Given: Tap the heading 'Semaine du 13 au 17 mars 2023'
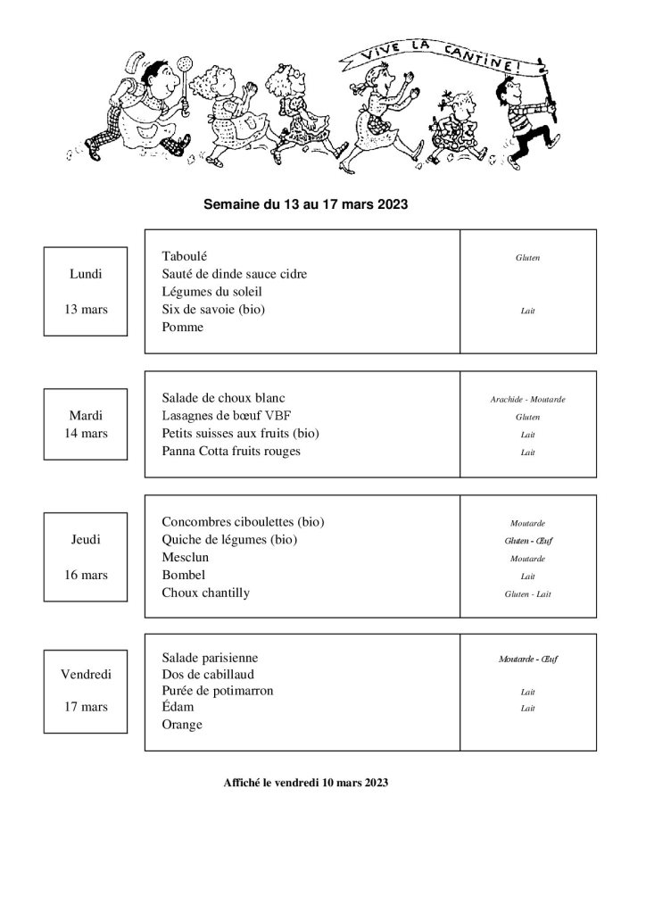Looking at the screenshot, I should [306, 203].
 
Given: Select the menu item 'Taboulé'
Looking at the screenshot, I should [185, 256].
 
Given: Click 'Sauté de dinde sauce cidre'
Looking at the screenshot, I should [235, 274].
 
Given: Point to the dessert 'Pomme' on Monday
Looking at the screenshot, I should [183, 328].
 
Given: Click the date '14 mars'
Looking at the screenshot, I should [86, 434].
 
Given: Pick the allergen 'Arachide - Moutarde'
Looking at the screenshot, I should [527, 399].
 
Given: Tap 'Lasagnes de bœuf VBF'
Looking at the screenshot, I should [227, 416].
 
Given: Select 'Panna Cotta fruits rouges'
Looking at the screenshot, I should [232, 452].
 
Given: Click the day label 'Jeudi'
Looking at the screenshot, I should [86, 540].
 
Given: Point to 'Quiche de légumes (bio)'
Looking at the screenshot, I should [229, 540].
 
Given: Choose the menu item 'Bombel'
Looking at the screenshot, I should [184, 576].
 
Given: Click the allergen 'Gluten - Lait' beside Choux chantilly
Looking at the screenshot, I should [527, 593].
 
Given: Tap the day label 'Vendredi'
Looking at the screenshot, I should [86, 674].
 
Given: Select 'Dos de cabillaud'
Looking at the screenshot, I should [205, 674].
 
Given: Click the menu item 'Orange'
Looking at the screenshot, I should [182, 726].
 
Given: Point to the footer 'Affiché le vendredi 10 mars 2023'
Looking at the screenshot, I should [306, 783].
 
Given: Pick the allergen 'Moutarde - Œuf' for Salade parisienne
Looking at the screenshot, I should [527, 659].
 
